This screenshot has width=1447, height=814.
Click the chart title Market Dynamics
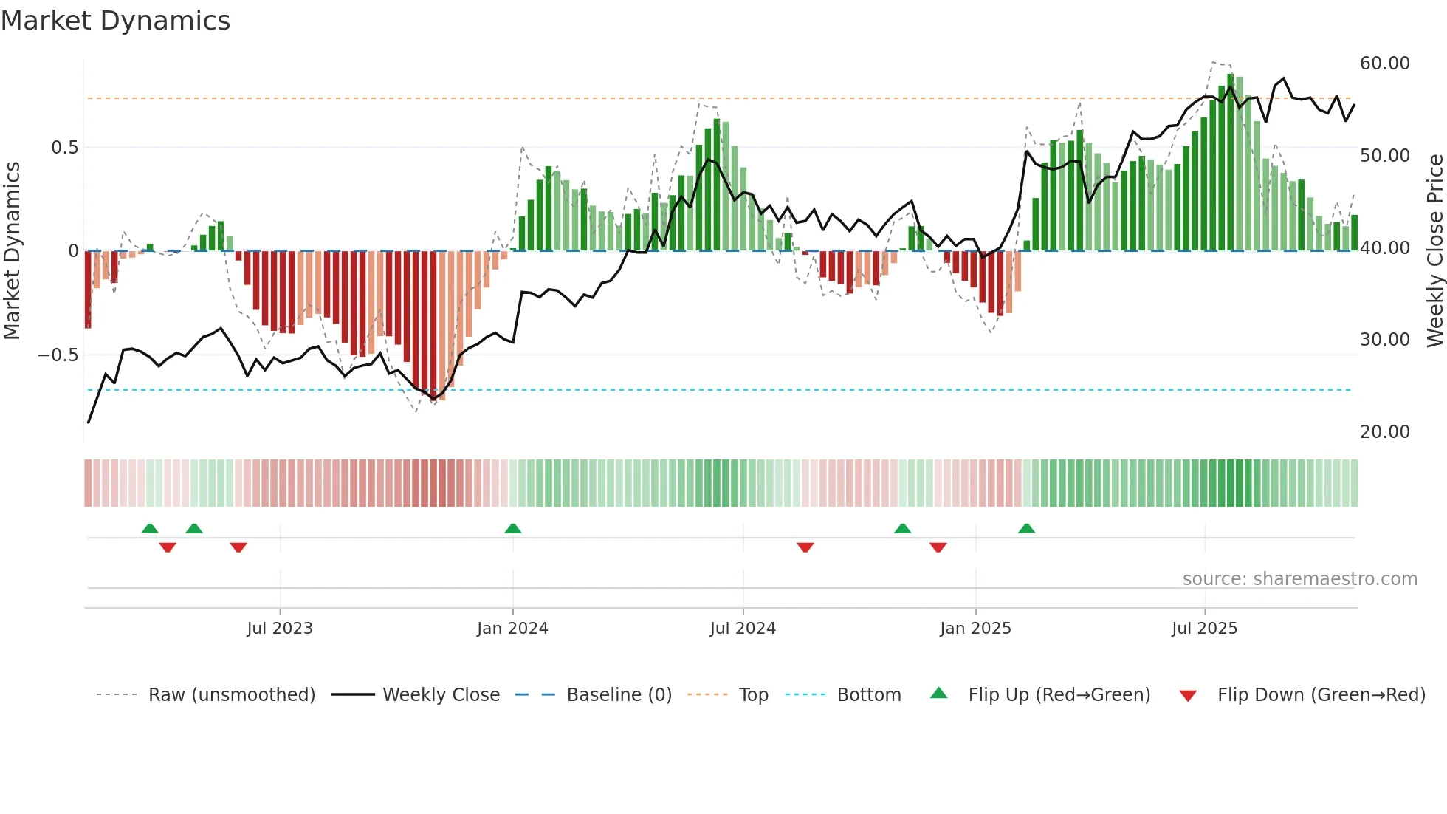click(x=115, y=21)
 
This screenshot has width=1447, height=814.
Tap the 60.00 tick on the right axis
click(x=1384, y=64)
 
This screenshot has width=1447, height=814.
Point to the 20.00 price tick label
click(x=1384, y=432)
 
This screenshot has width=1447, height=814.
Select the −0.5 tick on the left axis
click(x=58, y=355)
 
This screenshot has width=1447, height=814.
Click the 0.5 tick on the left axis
click(x=64, y=148)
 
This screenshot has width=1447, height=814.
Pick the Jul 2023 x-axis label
click(x=280, y=629)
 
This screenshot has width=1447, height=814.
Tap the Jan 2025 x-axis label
click(x=975, y=629)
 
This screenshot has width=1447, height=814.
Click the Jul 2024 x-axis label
click(x=743, y=629)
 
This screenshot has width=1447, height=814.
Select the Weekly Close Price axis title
click(x=1434, y=250)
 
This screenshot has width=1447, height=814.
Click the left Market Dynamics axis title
click(x=12, y=250)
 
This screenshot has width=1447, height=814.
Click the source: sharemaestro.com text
click(x=1299, y=579)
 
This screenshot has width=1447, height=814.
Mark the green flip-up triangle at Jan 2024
click(x=513, y=528)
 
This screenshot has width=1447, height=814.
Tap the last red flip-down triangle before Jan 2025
click(x=938, y=547)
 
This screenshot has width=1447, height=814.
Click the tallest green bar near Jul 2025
click(x=1230, y=163)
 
